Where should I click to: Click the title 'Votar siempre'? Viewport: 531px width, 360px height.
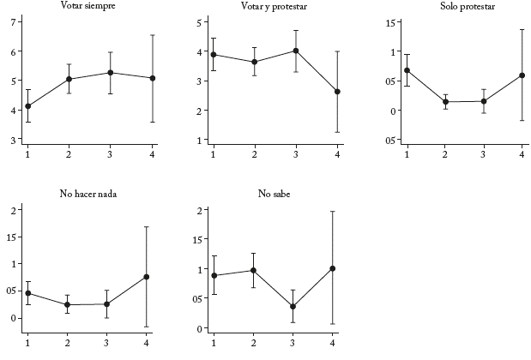point(89,6)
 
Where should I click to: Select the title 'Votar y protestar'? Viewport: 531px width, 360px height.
point(275,6)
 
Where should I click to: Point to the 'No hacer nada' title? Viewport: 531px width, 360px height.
point(89,194)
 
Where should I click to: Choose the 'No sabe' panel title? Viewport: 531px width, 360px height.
point(275,194)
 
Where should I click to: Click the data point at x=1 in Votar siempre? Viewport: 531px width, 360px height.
point(28,106)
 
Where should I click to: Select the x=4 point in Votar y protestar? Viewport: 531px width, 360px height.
point(337,92)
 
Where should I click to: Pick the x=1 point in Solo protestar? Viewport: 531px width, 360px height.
point(407,70)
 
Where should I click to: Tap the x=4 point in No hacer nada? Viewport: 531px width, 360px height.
point(147,277)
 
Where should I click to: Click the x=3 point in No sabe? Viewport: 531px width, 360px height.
point(293,307)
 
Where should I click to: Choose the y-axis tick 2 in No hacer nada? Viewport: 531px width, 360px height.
point(13,210)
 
